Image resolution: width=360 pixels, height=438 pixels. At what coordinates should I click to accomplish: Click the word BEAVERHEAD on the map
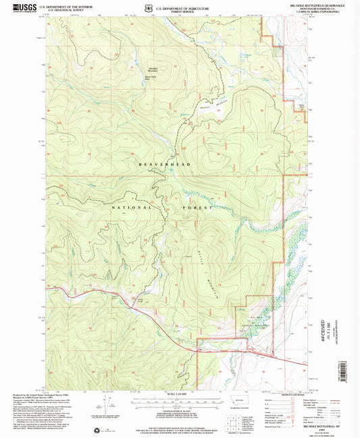[x=165, y=165]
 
